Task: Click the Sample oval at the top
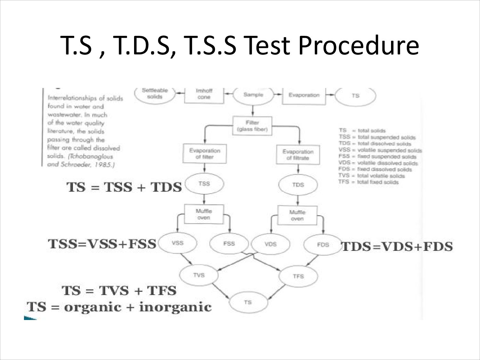(253, 95)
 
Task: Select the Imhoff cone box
(204, 94)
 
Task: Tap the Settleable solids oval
(155, 94)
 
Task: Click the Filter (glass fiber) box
(252, 126)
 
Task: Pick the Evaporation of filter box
(205, 154)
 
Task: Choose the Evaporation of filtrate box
(298, 155)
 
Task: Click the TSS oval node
(204, 184)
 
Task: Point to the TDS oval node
(298, 185)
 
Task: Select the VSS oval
(178, 243)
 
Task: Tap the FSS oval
(229, 244)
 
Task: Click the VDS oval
(271, 244)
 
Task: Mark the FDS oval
(323, 245)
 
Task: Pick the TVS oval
(199, 275)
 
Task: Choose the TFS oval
(298, 276)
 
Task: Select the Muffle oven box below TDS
(297, 215)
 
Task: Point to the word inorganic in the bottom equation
(175, 307)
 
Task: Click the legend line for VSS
(380, 150)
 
